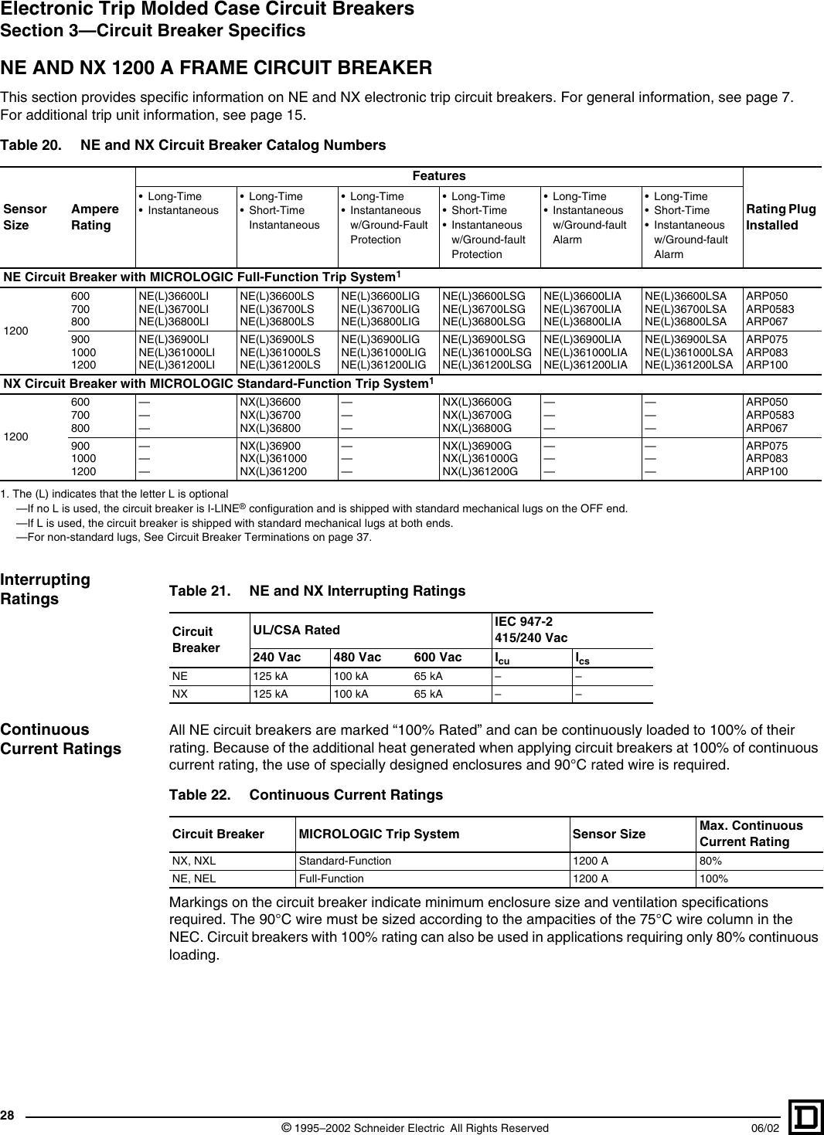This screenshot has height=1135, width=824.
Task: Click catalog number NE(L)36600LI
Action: coord(173,296)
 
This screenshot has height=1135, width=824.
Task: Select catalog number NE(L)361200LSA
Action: coord(688,365)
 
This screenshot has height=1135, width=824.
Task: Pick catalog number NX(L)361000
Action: coord(273,458)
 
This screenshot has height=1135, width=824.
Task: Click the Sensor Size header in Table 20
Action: coord(25,217)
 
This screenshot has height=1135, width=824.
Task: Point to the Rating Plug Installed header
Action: coord(781,217)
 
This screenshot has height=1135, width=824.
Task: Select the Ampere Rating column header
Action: coord(94,217)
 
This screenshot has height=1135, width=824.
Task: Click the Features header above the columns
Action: coord(439,176)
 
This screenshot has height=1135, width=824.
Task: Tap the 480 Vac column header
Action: coord(357,658)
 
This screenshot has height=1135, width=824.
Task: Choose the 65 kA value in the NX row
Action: coord(428,694)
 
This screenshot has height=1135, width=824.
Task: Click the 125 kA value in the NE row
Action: coord(271,676)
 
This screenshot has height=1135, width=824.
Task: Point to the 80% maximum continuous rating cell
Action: coord(710,861)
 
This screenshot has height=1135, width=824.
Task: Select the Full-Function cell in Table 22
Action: coord(331,878)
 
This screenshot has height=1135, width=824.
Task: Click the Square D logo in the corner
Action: coord(805,1117)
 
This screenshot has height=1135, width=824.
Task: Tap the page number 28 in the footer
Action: coord(8,1115)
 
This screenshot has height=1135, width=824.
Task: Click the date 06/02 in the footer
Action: coord(765,1128)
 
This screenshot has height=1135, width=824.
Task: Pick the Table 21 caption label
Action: coord(199,591)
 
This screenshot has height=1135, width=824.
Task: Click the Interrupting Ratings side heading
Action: coord(45,589)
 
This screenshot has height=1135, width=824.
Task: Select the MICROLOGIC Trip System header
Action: coord(379,834)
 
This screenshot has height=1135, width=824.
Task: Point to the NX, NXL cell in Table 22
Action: coord(194,861)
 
